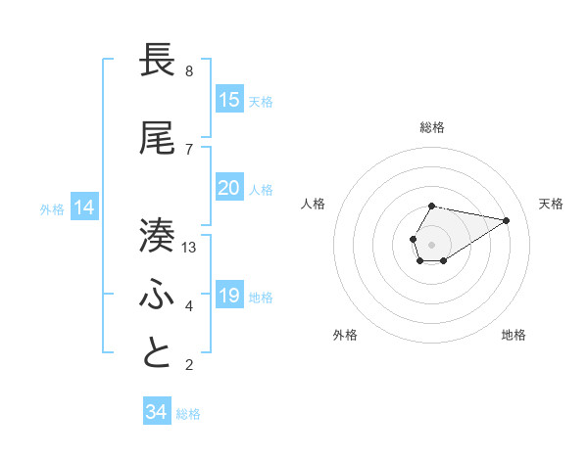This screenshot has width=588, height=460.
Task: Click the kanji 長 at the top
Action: click(158, 61)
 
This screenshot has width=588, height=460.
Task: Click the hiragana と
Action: click(158, 353)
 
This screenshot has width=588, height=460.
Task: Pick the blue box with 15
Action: click(228, 100)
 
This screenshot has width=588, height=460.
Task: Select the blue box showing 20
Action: click(228, 188)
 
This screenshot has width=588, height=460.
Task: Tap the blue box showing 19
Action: click(228, 296)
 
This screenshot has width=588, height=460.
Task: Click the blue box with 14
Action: click(84, 207)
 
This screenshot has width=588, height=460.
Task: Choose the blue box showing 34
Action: click(156, 412)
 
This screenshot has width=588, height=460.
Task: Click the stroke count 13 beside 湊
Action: click(189, 248)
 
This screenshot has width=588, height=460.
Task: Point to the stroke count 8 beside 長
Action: click(189, 71)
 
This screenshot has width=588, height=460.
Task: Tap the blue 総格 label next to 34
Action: click(188, 414)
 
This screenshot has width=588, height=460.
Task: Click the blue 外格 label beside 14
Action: click(52, 208)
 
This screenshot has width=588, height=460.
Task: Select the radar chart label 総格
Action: click(431, 127)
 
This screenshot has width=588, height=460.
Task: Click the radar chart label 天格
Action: click(551, 204)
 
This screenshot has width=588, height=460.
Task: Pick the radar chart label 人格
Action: click(314, 204)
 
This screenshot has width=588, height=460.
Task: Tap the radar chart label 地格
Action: click(514, 336)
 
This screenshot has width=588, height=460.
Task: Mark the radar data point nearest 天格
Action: click(507, 219)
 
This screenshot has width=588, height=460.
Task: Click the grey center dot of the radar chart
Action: click(431, 244)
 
